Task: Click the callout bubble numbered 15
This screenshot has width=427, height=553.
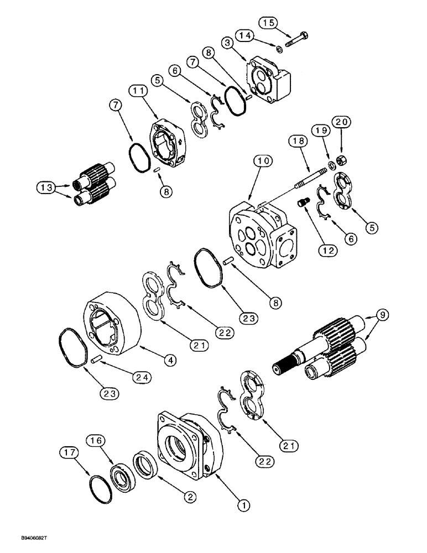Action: click(268, 23)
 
